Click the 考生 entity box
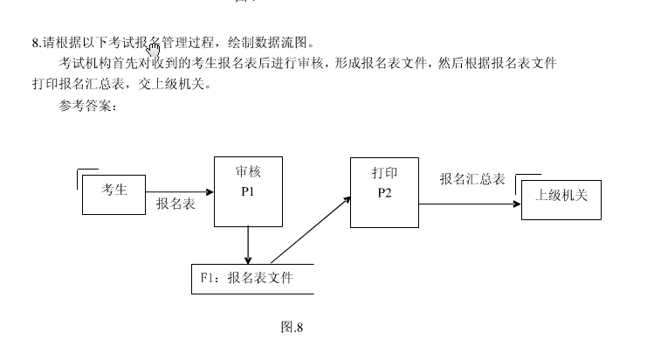coord(114,191)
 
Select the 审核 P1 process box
coord(248,190)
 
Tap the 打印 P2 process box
coord(384,192)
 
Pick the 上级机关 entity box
coord(561,197)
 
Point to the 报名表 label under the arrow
coord(175,204)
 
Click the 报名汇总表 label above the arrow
coord(472,179)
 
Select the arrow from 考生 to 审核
coord(179,191)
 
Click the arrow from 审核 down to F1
coord(249,245)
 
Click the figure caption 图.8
coord(292,328)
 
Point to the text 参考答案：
coord(87,107)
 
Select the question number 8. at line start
coord(36,42)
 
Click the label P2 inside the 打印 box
coord(384,193)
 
